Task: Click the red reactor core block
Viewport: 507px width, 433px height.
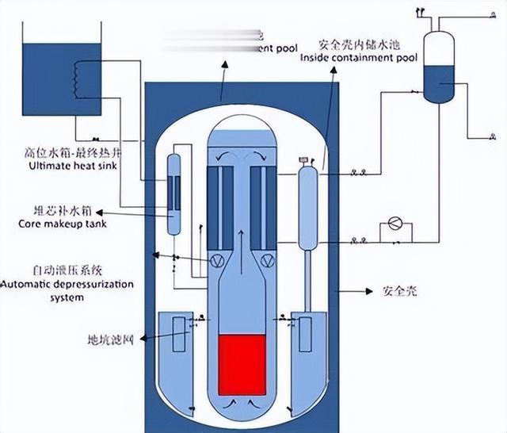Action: click(241, 366)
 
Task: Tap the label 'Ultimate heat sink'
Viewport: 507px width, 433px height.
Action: click(72, 166)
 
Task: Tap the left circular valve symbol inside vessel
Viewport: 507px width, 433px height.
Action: click(215, 258)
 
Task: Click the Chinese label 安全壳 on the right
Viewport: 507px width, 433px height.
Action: click(401, 291)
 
